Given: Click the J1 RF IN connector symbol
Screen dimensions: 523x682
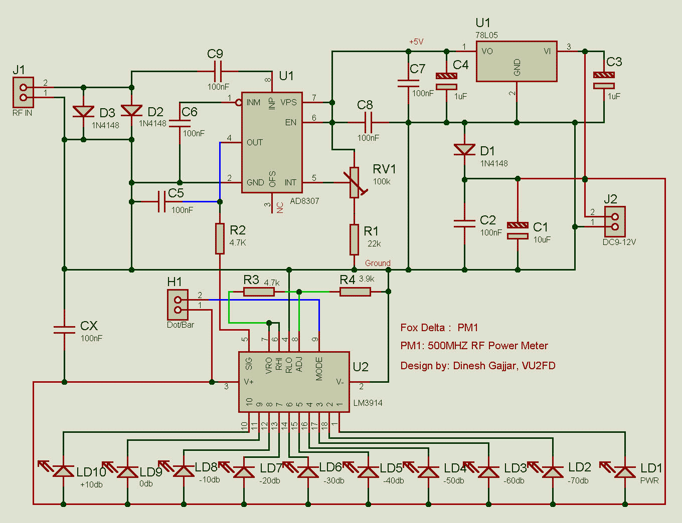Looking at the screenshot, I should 23,92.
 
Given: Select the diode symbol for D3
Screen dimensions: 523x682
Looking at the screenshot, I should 83,111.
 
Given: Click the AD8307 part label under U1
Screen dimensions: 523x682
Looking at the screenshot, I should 304,201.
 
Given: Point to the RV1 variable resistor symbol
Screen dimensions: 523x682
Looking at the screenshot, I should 355,182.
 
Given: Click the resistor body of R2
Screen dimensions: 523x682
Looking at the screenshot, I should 220,239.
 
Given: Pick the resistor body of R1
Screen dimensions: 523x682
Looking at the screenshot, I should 354,239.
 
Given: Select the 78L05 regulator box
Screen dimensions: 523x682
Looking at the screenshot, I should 516,61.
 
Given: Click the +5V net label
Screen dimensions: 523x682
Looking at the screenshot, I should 416,42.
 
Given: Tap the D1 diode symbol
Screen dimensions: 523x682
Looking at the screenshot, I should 464,149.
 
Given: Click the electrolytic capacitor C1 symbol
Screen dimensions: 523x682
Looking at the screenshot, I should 518,230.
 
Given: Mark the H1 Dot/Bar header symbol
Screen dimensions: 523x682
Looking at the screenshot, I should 178,305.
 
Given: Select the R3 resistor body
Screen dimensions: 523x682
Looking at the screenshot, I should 259,292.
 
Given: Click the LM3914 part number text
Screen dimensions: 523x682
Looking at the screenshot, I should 368,403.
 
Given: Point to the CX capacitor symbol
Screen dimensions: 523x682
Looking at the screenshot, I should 64,329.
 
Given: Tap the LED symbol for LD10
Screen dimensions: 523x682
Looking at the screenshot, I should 63,471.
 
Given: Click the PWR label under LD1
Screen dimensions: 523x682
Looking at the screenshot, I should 649,480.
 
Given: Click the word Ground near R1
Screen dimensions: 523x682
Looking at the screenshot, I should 378,263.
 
